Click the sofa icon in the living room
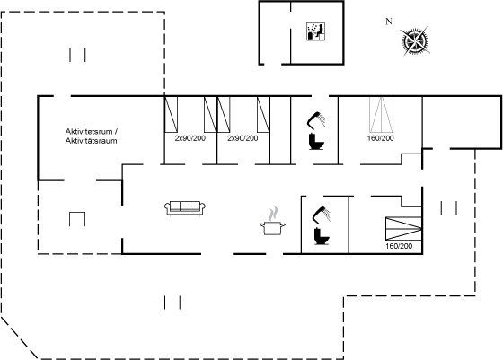[185, 207]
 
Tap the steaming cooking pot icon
[272, 221]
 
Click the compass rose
[415, 40]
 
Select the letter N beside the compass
[388, 22]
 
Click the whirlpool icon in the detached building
[315, 31]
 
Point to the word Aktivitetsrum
[89, 131]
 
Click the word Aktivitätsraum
[91, 141]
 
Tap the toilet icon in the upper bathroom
[316, 141]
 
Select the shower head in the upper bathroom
[316, 119]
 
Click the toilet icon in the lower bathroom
[322, 236]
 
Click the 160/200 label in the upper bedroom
[381, 138]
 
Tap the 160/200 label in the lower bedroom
[399, 246]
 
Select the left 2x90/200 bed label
[190, 138]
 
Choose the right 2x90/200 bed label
[243, 138]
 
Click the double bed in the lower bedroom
[403, 228]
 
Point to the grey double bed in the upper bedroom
[381, 114]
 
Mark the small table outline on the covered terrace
[77, 219]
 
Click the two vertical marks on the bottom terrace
[172, 303]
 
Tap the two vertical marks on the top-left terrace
[77, 55]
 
